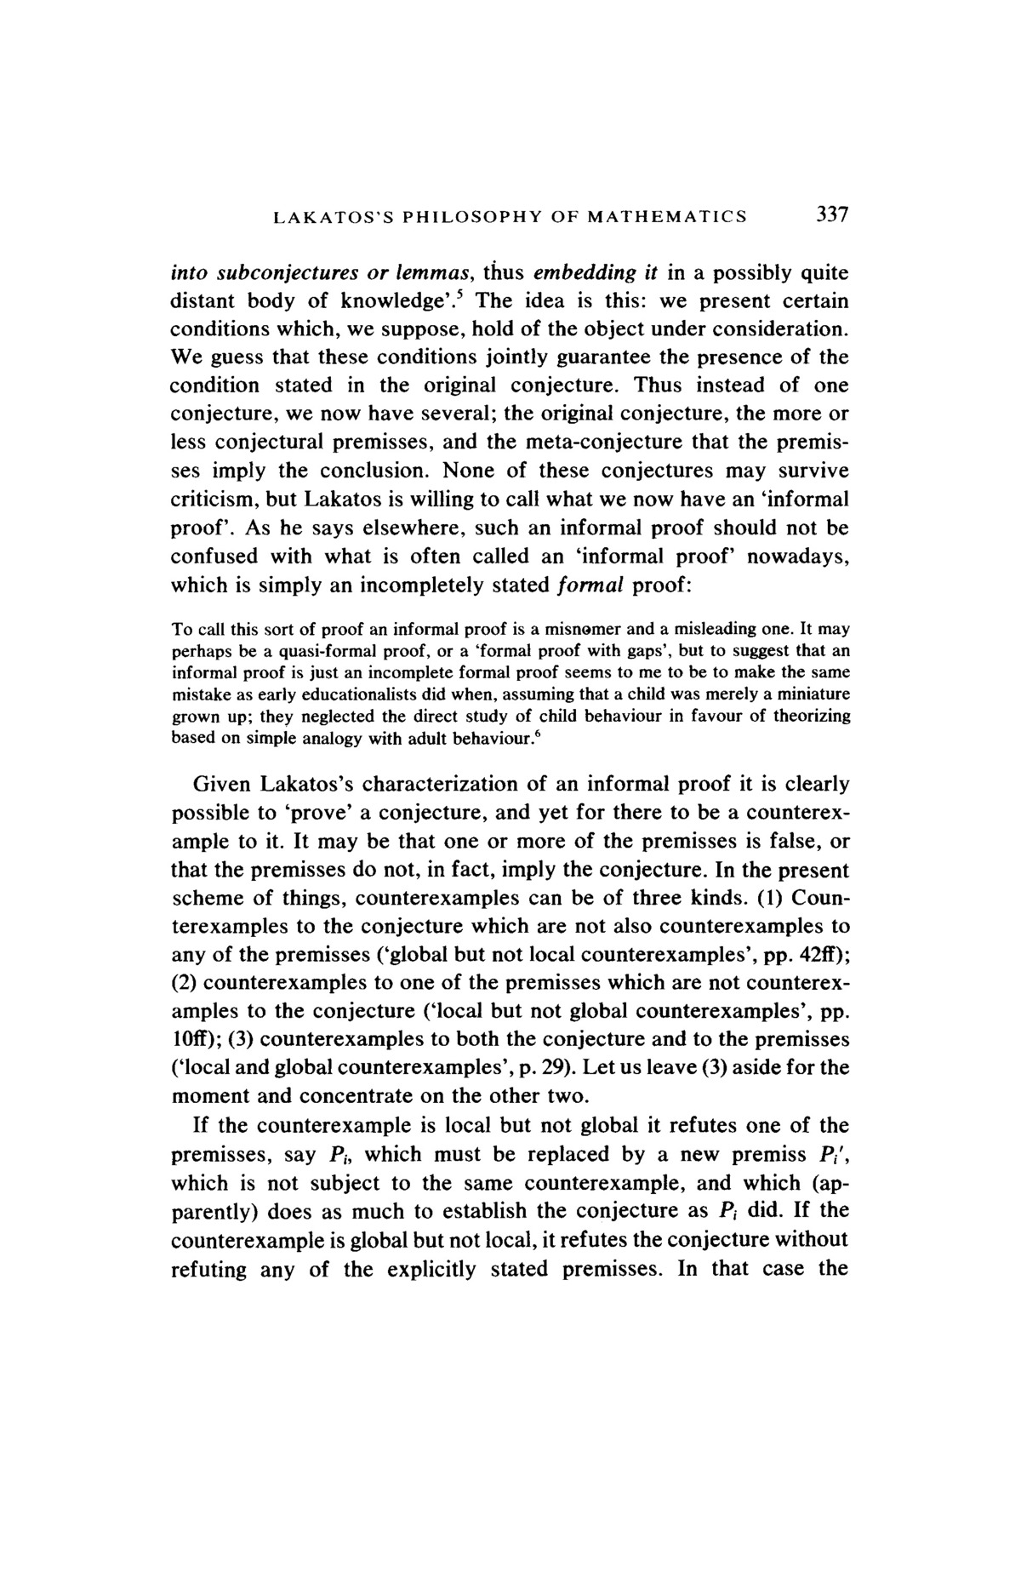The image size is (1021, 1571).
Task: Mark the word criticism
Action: tap(214, 500)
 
